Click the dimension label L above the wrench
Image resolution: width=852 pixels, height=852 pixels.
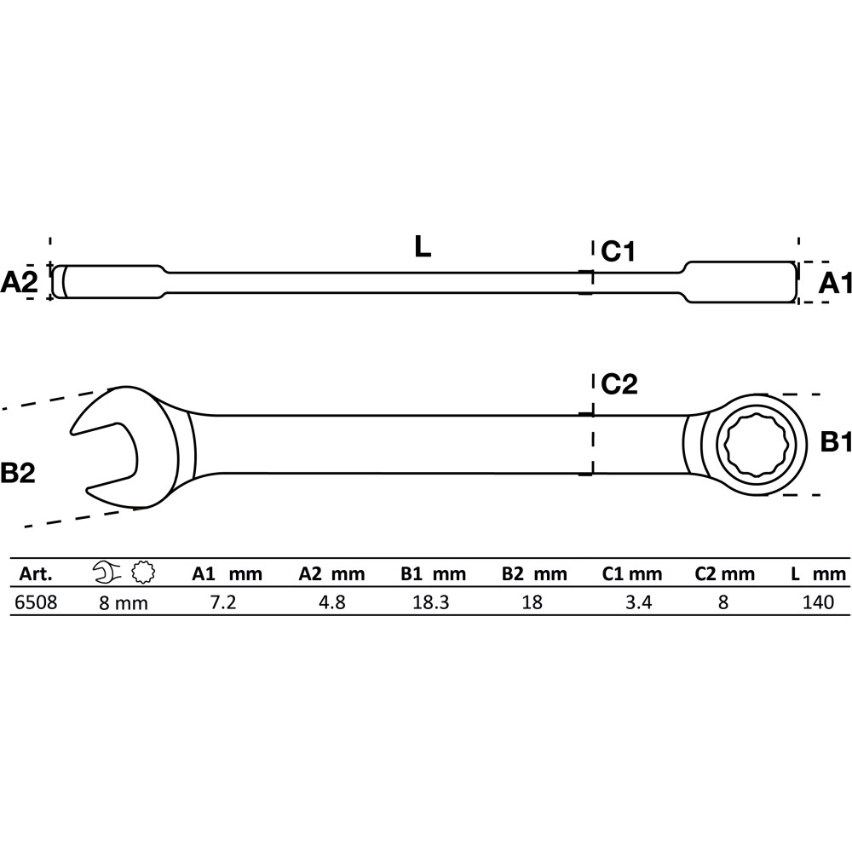pos(423,247)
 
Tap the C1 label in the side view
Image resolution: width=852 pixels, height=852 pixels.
pos(618,251)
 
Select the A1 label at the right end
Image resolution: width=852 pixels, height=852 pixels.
pos(835,283)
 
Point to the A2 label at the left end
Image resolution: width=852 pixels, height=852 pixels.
pos(19,283)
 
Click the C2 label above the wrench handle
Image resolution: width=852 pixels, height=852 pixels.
pos(619,384)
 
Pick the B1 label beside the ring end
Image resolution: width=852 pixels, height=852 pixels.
pos(835,442)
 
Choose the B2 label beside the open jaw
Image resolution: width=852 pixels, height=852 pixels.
pos(17,473)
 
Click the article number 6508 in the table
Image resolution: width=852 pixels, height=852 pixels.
pos(35,602)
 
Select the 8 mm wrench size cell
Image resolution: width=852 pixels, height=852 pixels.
pos(124,602)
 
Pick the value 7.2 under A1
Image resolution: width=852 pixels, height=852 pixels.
pos(223,602)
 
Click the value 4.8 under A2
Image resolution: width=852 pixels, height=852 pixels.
pos(332,602)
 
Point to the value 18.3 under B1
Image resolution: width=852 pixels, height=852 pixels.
pos(431,602)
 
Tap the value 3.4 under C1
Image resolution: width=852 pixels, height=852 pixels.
pos(638,602)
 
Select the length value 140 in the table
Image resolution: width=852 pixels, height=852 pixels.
pos(818,602)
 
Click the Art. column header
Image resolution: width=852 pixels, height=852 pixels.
pos(36,573)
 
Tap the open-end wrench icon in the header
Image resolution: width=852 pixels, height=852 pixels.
pos(107,573)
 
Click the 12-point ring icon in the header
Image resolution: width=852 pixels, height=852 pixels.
pos(143,573)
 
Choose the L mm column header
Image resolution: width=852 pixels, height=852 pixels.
pos(818,573)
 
